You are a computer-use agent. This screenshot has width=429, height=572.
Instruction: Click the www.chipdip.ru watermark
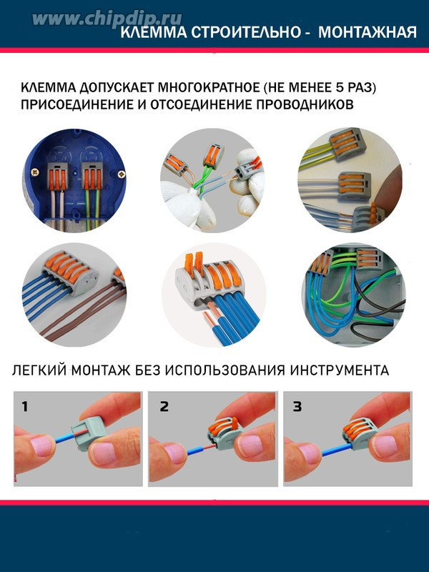107,19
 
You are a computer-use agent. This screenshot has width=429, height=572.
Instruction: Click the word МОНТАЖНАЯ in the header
368,32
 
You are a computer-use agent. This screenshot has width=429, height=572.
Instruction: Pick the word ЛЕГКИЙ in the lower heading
40,370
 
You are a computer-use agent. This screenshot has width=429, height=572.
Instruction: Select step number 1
25,406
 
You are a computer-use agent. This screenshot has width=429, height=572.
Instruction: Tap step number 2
164,406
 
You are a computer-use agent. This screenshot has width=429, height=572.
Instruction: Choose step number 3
297,406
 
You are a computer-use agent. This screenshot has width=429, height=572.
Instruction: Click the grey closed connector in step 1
89,434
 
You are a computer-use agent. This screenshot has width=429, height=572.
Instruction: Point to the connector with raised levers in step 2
224,434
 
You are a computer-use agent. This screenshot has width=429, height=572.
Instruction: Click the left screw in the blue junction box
35,171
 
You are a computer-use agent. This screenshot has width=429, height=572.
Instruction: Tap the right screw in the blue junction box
122,174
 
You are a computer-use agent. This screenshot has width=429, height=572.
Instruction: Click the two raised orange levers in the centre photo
194,263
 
